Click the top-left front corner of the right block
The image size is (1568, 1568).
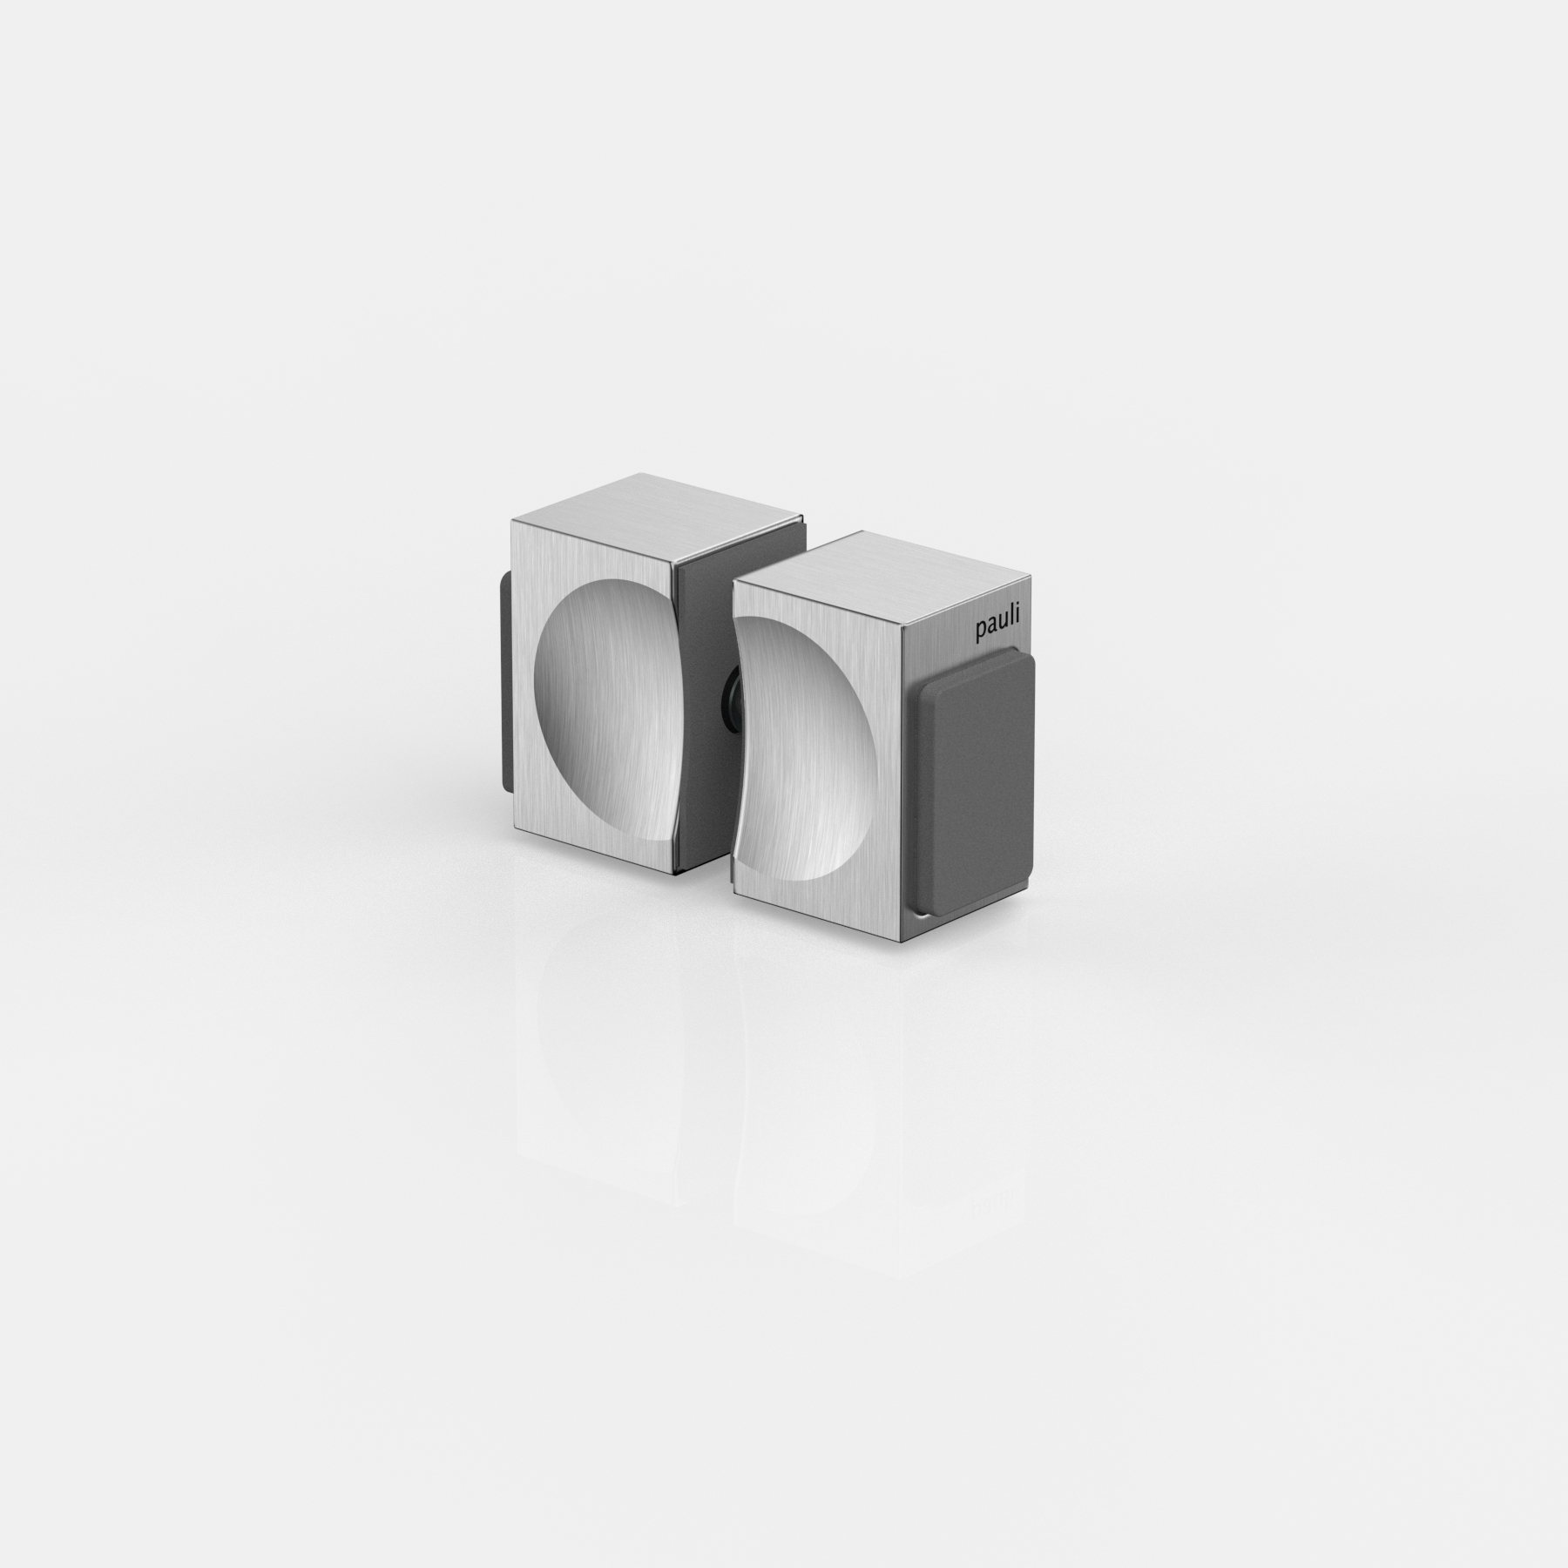click(x=733, y=581)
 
